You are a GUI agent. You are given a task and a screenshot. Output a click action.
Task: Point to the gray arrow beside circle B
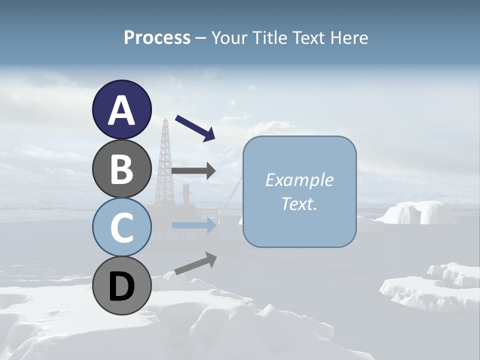click(193, 170)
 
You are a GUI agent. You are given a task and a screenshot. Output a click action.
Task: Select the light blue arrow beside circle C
click(194, 225)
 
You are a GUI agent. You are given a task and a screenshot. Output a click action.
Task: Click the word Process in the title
click(157, 37)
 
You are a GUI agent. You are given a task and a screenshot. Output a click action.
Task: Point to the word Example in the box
click(299, 180)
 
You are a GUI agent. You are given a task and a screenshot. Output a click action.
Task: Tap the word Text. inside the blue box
click(299, 203)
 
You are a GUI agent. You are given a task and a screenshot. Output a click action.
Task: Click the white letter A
click(122, 110)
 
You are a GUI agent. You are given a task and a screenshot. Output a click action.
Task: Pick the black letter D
click(122, 286)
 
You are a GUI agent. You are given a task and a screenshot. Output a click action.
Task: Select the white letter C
click(122, 227)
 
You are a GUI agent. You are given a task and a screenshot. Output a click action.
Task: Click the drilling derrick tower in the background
click(164, 160)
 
